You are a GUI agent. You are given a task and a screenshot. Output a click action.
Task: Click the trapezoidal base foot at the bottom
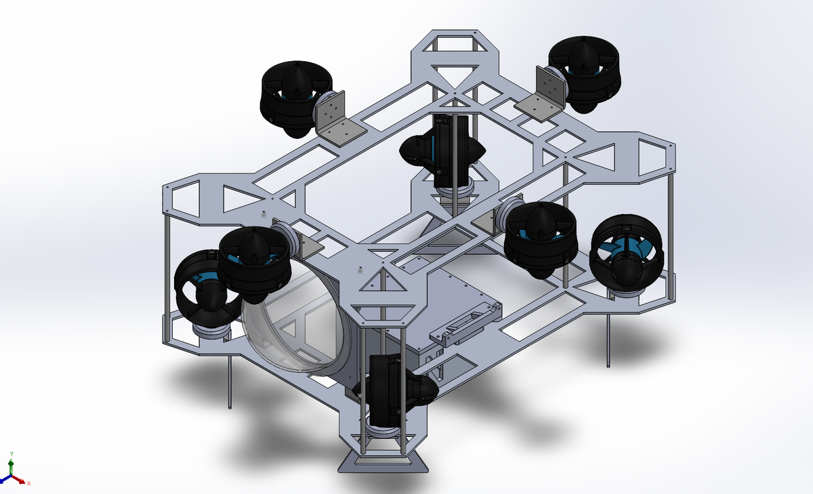coord(383,462)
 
